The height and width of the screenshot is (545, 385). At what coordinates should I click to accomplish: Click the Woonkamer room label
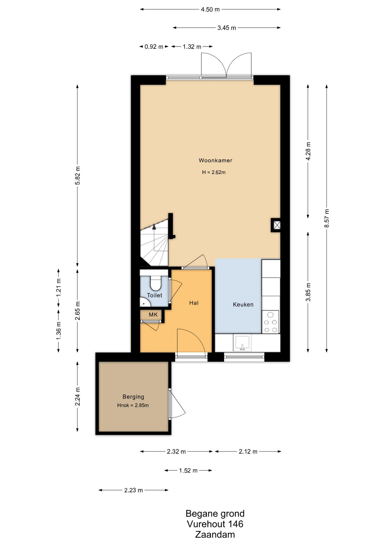pos(215,160)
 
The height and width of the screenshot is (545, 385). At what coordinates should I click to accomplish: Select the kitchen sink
pos(242,343)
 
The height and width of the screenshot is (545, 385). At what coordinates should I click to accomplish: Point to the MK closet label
pos(153,315)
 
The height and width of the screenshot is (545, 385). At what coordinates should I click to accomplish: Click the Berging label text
pos(133,397)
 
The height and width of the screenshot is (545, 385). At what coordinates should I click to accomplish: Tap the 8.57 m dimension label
pos(327,218)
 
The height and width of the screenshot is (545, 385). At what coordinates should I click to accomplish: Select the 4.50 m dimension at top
pos(210,9)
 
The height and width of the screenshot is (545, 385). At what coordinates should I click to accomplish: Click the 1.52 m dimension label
pos(188,470)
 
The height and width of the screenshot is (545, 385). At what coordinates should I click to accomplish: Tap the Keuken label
pos(243,305)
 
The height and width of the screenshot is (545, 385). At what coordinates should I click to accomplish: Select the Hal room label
pos(194,303)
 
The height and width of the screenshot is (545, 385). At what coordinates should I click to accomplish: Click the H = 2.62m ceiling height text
pos(214,172)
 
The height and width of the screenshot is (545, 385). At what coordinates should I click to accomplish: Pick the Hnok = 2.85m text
pos(133,405)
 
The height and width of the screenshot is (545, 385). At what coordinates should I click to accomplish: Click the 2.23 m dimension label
pos(134,490)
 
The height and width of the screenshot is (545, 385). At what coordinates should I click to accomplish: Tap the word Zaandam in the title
pos(215,534)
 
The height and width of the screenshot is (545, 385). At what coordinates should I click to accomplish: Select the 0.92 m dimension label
pos(154,47)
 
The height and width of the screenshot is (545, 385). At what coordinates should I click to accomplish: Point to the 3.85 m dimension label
pos(308,292)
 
